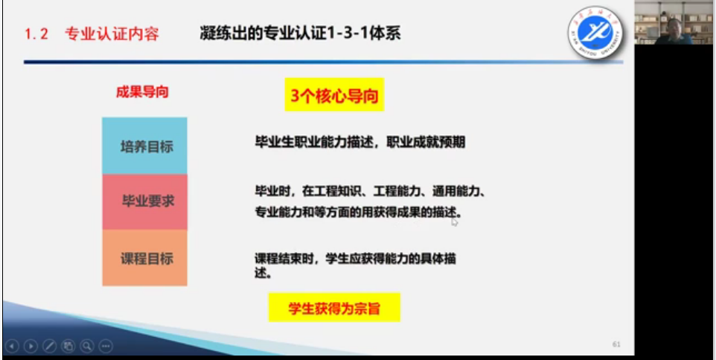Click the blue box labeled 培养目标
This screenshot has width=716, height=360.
click(x=144, y=146)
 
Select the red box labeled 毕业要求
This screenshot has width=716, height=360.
click(x=144, y=202)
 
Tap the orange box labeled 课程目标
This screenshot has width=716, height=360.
click(x=144, y=258)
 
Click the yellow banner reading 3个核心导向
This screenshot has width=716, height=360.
click(x=334, y=94)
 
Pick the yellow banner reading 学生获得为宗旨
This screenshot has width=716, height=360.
click(x=334, y=307)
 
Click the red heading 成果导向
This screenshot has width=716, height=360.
click(x=142, y=92)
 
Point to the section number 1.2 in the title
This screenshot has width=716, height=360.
click(x=36, y=34)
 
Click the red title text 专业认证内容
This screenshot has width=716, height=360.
click(x=112, y=34)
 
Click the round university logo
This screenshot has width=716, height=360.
click(x=595, y=33)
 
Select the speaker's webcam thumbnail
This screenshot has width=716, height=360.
click(x=674, y=22)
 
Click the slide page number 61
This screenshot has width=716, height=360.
click(x=616, y=344)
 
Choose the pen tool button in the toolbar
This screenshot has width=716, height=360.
click(x=49, y=347)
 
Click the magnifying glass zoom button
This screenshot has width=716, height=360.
click(x=86, y=347)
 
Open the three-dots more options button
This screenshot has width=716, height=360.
click(x=105, y=347)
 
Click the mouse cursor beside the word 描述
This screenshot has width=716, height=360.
click(x=454, y=222)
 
